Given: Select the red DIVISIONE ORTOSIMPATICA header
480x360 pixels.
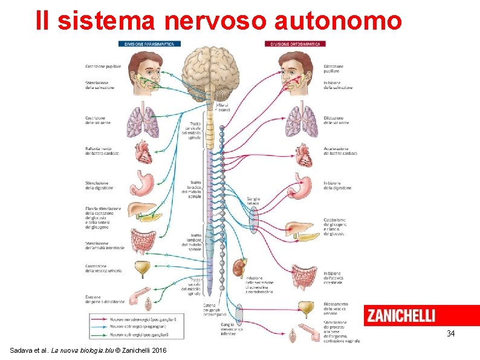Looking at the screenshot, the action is [296, 44].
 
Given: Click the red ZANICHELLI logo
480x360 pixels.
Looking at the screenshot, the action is [401, 316].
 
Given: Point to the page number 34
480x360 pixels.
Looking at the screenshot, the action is [450, 333].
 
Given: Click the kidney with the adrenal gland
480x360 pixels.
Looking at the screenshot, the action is [239, 267].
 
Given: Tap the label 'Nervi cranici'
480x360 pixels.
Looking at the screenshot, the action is [224, 106].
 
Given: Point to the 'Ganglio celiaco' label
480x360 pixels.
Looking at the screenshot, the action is [253, 201].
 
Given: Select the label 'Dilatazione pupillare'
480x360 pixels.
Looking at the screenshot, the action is [334, 69].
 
